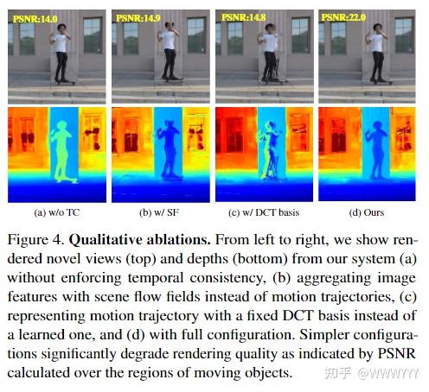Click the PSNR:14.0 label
[x=35, y=16]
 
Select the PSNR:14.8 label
[x=242, y=16]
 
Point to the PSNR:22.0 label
[x=344, y=16]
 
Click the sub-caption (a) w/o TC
[x=56, y=212]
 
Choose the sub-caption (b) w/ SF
[x=160, y=212]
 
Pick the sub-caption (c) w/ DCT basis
[x=264, y=212]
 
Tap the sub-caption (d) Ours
[x=368, y=212]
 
